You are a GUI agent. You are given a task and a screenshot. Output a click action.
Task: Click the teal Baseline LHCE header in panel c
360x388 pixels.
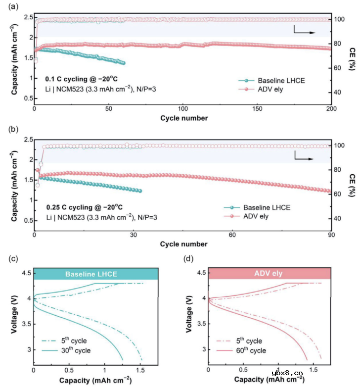click(95, 274)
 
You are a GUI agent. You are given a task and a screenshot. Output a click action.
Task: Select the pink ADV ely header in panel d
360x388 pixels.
click(270, 274)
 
